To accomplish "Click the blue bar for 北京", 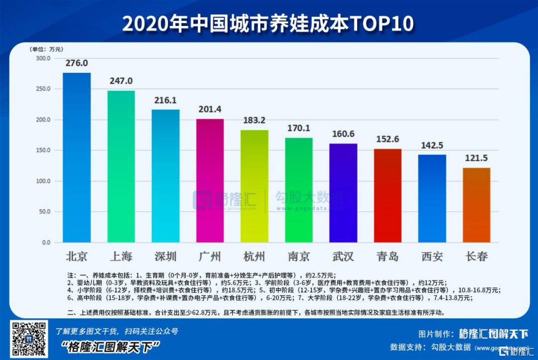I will [77, 157].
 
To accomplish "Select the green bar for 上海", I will [121, 166].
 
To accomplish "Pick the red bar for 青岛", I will [388, 195].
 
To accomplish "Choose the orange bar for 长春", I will [476, 205].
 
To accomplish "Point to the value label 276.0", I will [77, 63].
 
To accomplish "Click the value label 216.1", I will [166, 100].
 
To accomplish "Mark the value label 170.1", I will [299, 128].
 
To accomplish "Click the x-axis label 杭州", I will [254, 257].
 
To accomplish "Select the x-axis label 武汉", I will [343, 257].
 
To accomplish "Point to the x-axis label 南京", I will [299, 257].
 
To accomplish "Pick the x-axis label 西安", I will [432, 257].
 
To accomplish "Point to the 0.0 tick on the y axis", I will [46, 242].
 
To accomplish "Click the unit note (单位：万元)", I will [46, 49].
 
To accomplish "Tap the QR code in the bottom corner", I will [29, 339].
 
